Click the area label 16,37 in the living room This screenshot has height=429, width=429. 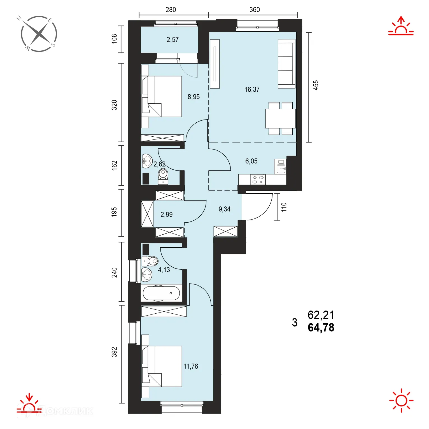[252, 90]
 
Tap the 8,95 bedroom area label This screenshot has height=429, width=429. [194, 97]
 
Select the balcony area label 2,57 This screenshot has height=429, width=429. [172, 40]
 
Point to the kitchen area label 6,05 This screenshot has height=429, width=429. [251, 161]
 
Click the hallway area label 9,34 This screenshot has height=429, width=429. [225, 209]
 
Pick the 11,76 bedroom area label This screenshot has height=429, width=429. [191, 366]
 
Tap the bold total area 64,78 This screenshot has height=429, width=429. [321, 328]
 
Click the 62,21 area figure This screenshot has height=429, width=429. [321, 315]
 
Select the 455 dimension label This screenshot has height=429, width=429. [316, 85]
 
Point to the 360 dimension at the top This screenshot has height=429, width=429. [255, 10]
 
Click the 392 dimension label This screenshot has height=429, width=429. [114, 352]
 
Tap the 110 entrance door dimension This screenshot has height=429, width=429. [284, 207]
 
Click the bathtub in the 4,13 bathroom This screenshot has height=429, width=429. [162, 293]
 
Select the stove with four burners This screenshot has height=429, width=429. [258, 179]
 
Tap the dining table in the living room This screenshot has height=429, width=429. [281, 118]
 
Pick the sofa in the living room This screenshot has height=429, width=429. [286, 64]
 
